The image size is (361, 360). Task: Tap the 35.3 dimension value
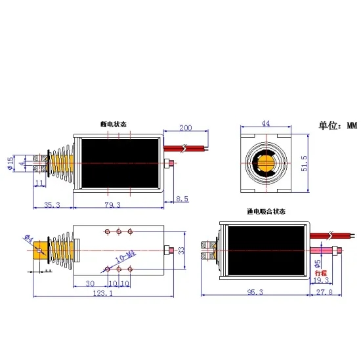pyautogui.click(x=52, y=205)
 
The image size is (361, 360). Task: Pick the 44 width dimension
pyautogui.click(x=266, y=123)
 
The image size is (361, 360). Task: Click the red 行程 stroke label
pyautogui.click(x=320, y=271)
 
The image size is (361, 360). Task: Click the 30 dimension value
pyautogui.click(x=89, y=283)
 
